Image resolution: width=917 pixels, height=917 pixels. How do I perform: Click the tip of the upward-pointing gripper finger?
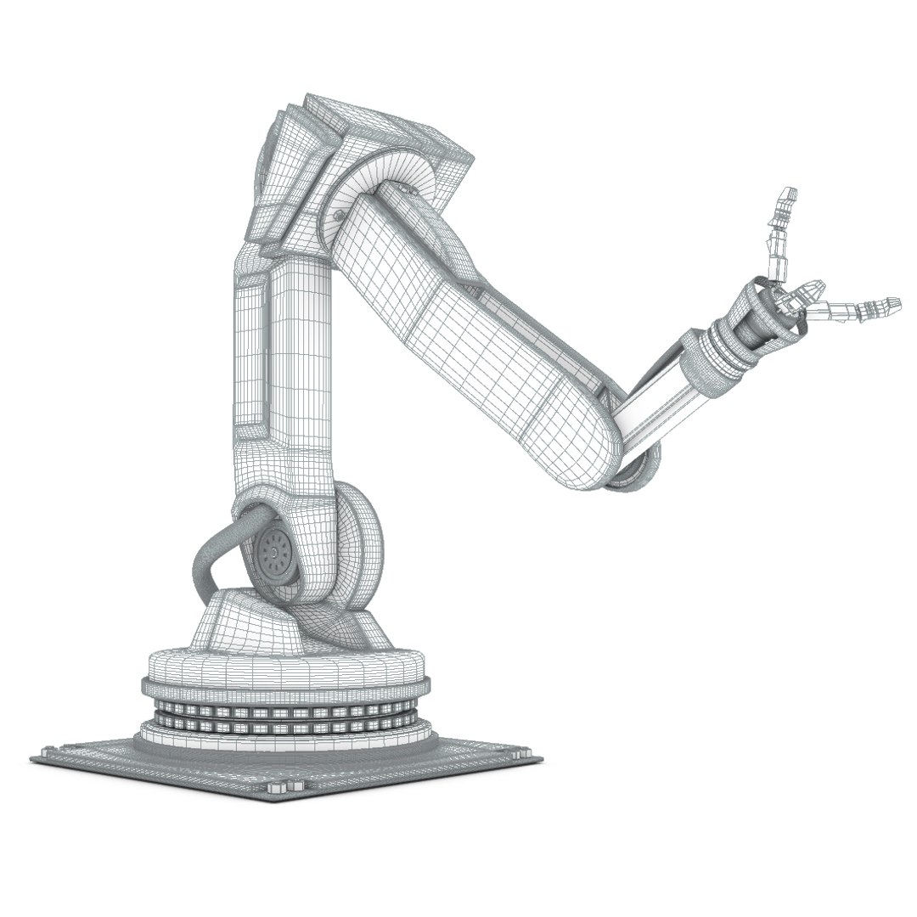[x=789, y=193]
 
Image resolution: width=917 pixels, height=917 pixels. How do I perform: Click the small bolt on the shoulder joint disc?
[x=340, y=218]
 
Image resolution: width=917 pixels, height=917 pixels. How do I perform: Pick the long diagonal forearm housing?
[x=475, y=331]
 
